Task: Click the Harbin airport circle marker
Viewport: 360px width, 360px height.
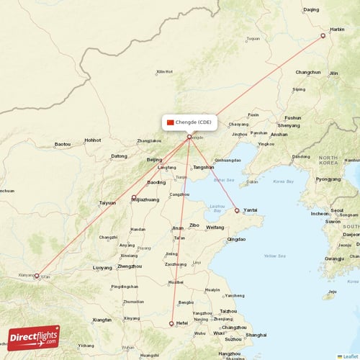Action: pyautogui.click(x=323, y=35)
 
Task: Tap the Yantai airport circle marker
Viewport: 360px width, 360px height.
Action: pyautogui.click(x=237, y=211)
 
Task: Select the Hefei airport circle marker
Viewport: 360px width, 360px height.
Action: pyautogui.click(x=171, y=323)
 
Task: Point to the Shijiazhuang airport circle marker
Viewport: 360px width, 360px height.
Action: pyautogui.click(x=134, y=197)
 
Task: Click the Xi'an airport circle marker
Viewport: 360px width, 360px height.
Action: pyautogui.click(x=37, y=275)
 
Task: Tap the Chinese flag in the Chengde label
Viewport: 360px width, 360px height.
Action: pyautogui.click(x=171, y=122)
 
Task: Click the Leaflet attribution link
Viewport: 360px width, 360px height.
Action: pyautogui.click(x=351, y=356)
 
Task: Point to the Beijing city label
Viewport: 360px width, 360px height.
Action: pyautogui.click(x=154, y=160)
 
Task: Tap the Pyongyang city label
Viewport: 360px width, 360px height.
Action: pyautogui.click(x=328, y=179)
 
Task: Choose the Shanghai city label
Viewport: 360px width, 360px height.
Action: pyautogui.click(x=256, y=335)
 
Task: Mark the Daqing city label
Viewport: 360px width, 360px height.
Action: pyautogui.click(x=311, y=9)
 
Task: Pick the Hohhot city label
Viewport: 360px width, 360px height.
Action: pyautogui.click(x=92, y=140)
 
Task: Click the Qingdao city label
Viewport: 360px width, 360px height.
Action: pyautogui.click(x=236, y=239)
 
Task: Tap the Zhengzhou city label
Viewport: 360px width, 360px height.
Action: pyautogui.click(x=130, y=266)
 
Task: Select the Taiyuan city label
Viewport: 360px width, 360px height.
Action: pyautogui.click(x=107, y=203)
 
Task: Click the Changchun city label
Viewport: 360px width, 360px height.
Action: pyautogui.click(x=307, y=72)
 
